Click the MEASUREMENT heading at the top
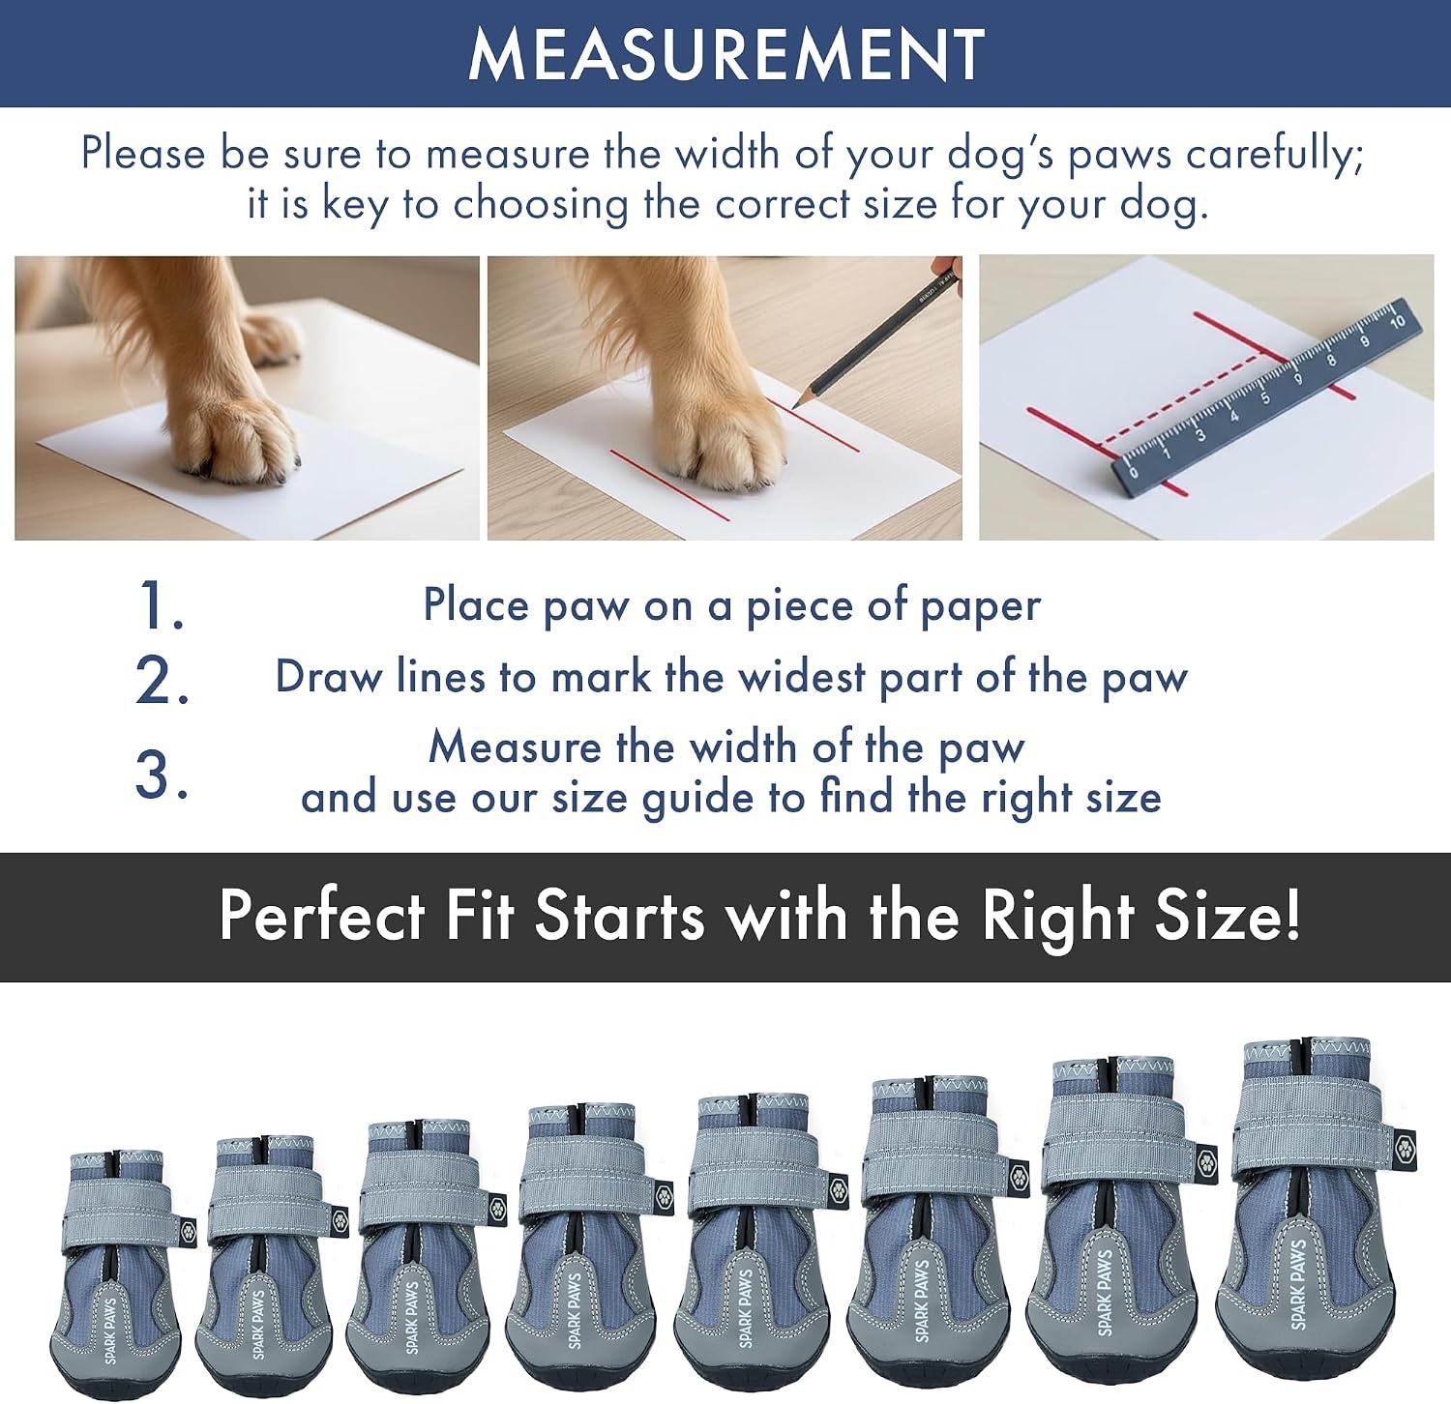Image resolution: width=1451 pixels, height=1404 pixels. pos(725,54)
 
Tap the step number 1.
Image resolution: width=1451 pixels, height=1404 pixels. pos(161,607)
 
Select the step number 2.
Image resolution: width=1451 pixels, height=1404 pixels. pos(162,681)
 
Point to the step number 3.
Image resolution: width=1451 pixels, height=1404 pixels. pos(162,775)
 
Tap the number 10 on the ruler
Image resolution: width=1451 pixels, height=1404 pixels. pos(1397,322)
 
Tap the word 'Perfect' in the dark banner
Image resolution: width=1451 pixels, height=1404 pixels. pos(322,915)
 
